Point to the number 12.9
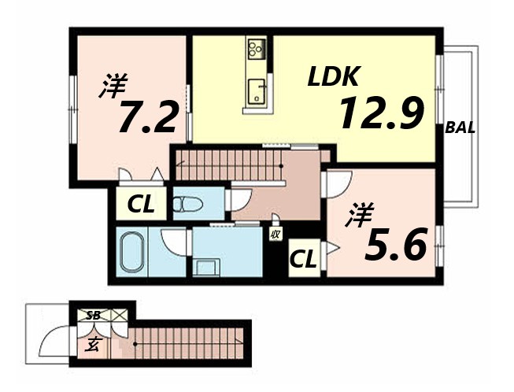click(382, 113)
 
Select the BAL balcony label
click(460, 128)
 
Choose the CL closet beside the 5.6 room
click(303, 258)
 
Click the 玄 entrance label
click(93, 345)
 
